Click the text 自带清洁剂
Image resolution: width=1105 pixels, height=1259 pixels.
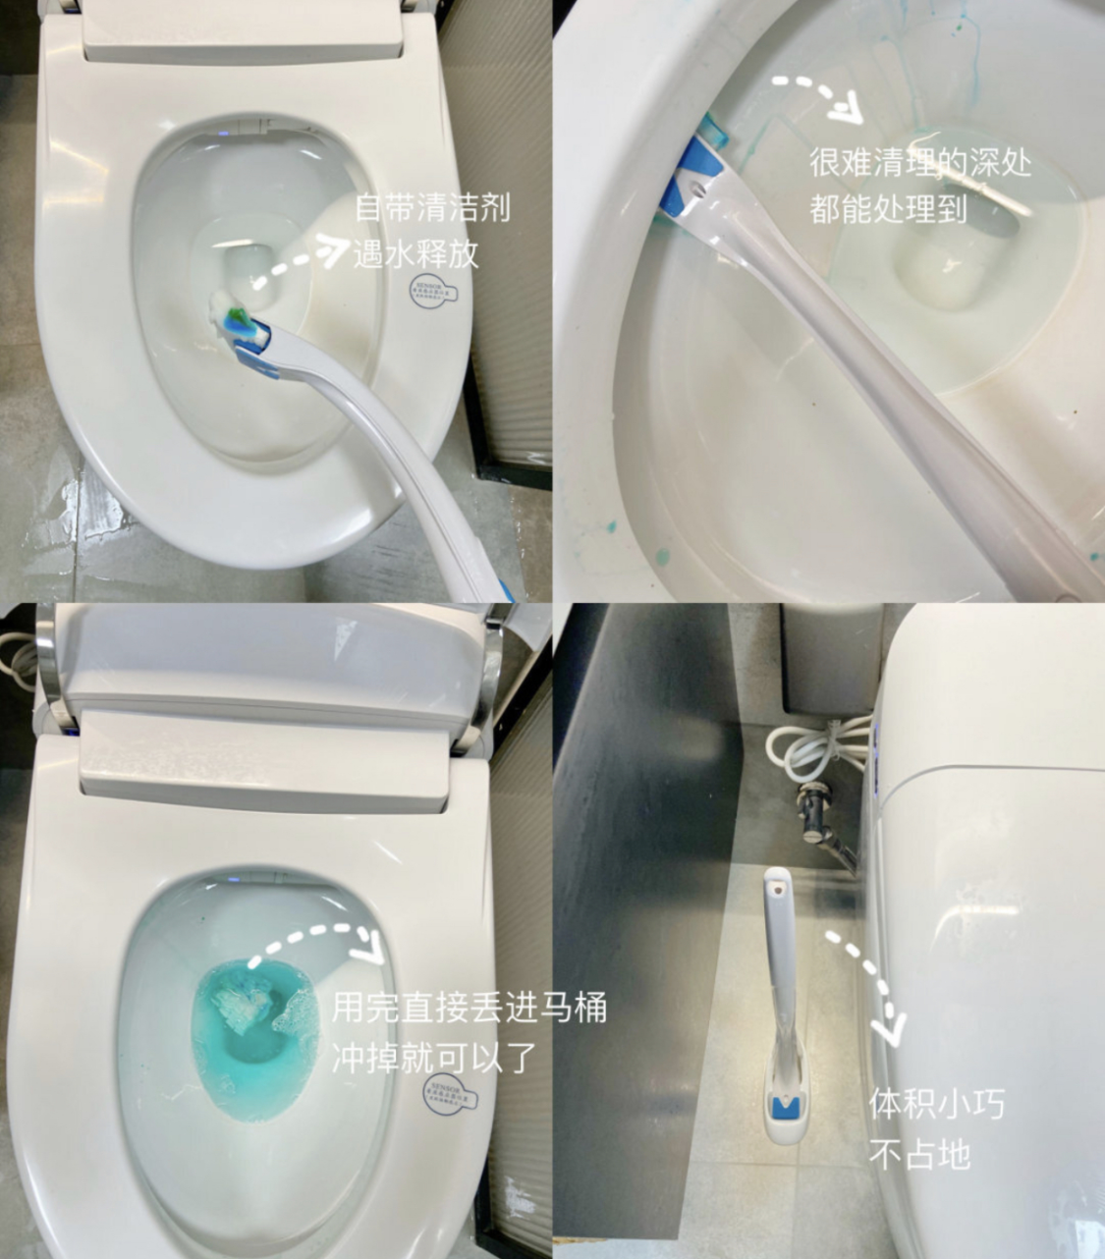(432, 208)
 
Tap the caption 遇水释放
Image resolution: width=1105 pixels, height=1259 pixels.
(415, 253)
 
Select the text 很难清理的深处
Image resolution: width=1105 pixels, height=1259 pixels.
(919, 162)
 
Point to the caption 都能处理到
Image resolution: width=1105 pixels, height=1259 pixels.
(888, 208)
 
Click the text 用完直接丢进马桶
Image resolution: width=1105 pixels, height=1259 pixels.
(470, 1009)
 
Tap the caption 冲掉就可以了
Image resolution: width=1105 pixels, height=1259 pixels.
(433, 1057)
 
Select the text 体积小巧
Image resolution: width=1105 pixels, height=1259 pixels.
(936, 1104)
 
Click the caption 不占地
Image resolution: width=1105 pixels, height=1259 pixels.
(919, 1153)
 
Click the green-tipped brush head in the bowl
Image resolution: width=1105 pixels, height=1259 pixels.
(236, 317)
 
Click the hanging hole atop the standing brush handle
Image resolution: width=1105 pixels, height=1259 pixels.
(778, 885)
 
